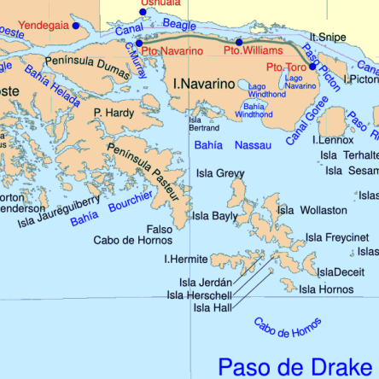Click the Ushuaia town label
[160, 3]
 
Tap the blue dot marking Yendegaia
[75, 26]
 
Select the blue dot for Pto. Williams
[239, 42]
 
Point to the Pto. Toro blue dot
[313, 67]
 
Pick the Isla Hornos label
[325, 290]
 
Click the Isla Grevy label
[220, 173]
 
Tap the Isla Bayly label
[214, 216]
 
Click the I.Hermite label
[186, 259]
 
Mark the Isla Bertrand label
[197, 125]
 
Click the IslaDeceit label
[341, 272]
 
